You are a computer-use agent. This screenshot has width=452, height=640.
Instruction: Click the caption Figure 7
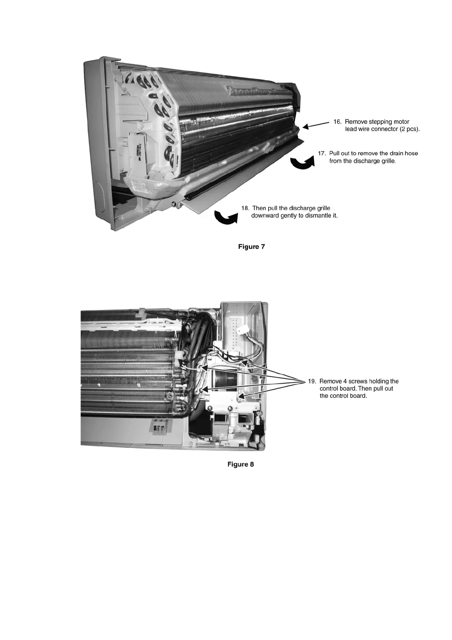click(x=251, y=247)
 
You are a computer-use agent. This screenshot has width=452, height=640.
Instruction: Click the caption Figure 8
click(x=240, y=464)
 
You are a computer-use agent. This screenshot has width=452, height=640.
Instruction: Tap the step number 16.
click(x=337, y=122)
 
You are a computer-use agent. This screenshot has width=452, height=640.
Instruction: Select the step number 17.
click(x=322, y=154)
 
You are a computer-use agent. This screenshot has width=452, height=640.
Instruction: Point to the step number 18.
click(x=245, y=208)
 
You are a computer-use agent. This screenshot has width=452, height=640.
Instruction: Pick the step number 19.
click(x=312, y=381)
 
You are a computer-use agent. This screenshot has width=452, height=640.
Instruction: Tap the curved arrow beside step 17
click(x=302, y=163)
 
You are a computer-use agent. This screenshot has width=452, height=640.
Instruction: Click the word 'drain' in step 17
click(x=387, y=154)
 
